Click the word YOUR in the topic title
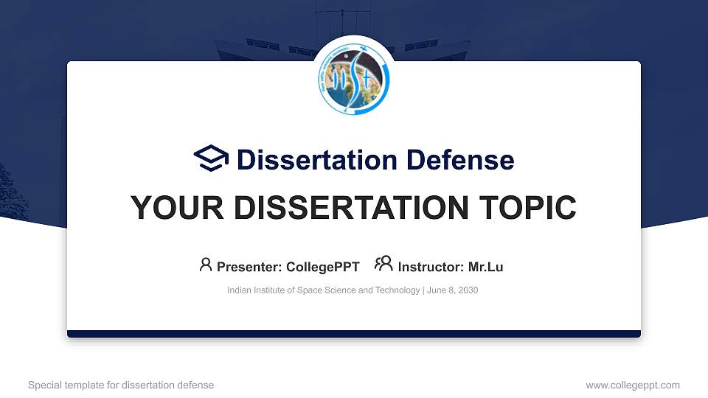coord(173,208)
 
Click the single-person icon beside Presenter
coord(206,265)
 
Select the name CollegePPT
coord(322,267)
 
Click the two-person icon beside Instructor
coord(383,265)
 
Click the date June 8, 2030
coord(452,290)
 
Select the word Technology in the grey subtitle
coord(397,290)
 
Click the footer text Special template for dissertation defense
coord(121,385)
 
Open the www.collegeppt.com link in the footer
coord(633,385)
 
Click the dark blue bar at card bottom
coord(354,334)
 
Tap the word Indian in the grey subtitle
coord(239,290)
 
